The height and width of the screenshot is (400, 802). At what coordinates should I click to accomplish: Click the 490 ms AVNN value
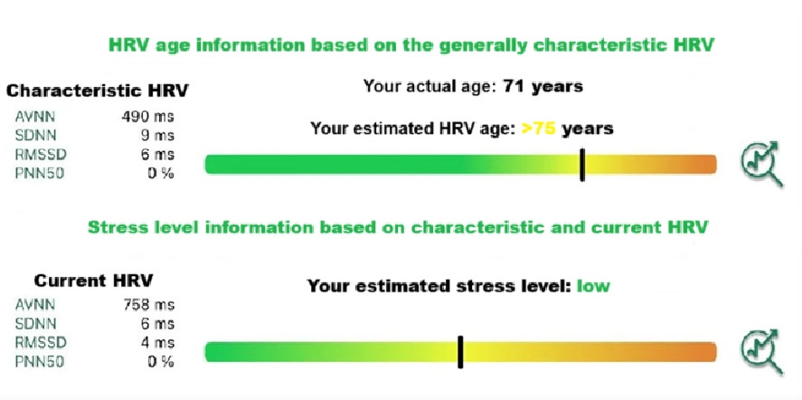[x=147, y=117]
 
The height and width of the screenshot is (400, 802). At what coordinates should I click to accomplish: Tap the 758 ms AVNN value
[x=149, y=305]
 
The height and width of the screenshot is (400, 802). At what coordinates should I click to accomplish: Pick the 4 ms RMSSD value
[x=158, y=343]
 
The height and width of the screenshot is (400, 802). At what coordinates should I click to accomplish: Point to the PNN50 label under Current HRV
[x=40, y=362]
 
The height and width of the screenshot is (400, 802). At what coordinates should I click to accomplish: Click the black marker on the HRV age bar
[x=582, y=165]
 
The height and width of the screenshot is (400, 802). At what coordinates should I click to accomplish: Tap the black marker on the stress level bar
[x=460, y=352]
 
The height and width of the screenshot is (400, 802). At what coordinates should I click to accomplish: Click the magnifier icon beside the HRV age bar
[x=761, y=164]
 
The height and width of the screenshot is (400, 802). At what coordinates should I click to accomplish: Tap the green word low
[x=593, y=285]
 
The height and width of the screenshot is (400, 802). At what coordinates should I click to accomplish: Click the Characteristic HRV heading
[x=97, y=91]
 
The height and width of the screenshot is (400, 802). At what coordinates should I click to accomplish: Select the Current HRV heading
[x=94, y=281]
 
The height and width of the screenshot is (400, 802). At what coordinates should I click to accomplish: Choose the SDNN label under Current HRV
[x=36, y=324]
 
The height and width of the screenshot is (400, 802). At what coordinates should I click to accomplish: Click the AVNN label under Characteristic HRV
[x=34, y=117]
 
